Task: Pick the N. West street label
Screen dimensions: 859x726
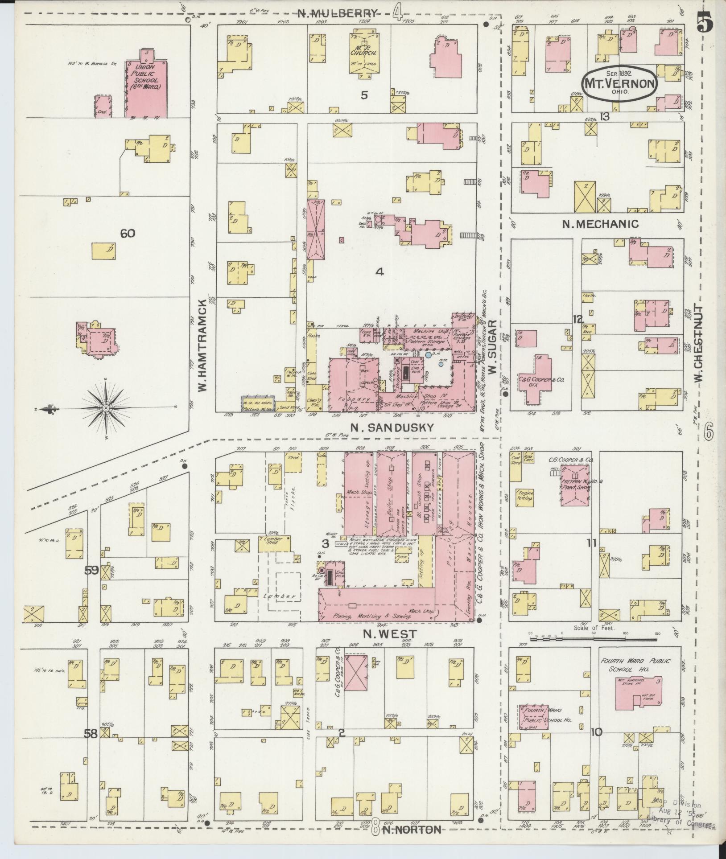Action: click(x=390, y=634)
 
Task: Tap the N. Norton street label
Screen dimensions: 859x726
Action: click(x=412, y=830)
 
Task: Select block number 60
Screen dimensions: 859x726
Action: click(x=128, y=233)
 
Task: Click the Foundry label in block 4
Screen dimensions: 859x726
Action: click(x=349, y=399)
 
